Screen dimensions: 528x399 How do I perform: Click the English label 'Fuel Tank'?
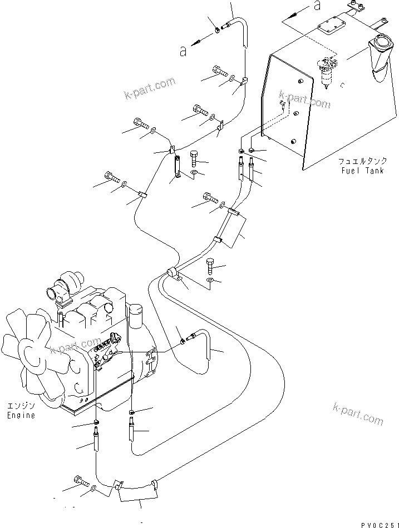pos(360,171)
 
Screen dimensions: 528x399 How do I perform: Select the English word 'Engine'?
pos(21,415)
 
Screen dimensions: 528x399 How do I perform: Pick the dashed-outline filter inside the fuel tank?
pos(330,72)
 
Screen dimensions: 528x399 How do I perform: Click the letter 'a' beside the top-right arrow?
pos(317,6)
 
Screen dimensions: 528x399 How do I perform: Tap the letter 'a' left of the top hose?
pos(183,51)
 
